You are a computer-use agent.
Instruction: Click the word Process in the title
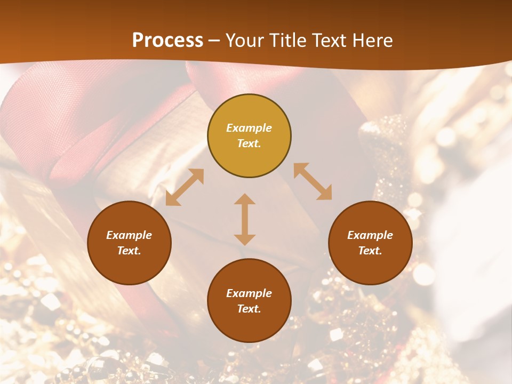167,41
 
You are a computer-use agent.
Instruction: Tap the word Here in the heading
372,41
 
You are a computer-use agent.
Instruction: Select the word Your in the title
243,41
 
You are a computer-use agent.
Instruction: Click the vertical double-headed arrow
245,219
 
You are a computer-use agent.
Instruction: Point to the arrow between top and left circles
185,187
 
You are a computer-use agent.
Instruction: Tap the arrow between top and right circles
313,181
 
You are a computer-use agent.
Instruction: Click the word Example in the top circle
249,128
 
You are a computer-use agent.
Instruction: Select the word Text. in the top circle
249,143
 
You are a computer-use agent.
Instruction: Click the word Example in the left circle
129,235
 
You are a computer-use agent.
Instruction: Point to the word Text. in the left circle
129,251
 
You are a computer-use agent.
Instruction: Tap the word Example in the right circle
370,235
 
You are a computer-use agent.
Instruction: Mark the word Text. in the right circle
370,251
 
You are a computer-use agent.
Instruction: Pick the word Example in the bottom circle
249,293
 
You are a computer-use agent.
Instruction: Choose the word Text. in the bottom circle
249,309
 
